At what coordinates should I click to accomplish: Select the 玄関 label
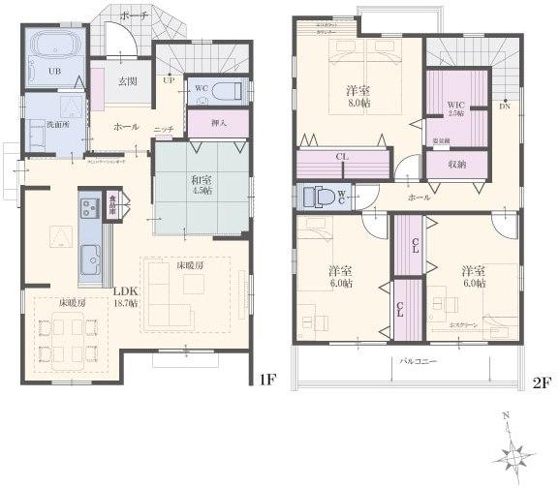(127, 82)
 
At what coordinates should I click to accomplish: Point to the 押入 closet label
(220, 123)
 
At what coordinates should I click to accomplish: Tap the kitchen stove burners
(88, 207)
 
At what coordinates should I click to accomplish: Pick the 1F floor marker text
(268, 380)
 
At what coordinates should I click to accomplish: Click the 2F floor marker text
(541, 382)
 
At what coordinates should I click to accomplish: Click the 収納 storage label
(457, 164)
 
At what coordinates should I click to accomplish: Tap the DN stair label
(504, 106)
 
